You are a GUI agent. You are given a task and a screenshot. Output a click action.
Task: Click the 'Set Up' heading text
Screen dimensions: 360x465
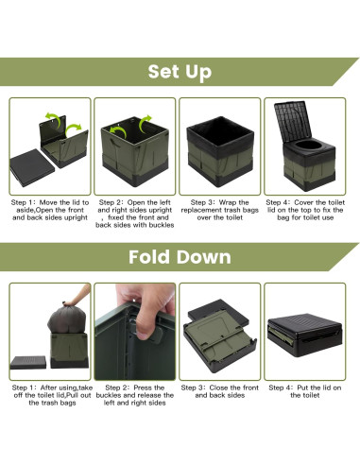click(180, 72)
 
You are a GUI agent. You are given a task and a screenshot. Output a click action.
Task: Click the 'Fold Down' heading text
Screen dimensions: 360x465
click(180, 257)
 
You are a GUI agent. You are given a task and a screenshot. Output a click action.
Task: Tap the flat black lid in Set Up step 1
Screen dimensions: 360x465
click(32, 167)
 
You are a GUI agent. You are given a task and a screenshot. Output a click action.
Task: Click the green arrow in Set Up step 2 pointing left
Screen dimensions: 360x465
click(118, 131)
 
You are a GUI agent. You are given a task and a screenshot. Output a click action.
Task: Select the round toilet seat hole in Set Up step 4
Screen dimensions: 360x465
click(308, 146)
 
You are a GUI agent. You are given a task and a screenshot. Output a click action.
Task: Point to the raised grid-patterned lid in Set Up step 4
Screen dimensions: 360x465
click(292, 122)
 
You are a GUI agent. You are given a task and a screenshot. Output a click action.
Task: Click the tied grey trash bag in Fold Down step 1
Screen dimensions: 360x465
click(67, 319)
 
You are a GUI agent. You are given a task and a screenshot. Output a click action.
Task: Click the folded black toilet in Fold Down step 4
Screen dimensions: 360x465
click(304, 335)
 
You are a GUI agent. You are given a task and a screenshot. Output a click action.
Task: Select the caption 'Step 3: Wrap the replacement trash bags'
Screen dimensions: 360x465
click(220, 206)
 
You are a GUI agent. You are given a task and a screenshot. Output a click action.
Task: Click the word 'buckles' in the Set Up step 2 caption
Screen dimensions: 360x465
click(162, 225)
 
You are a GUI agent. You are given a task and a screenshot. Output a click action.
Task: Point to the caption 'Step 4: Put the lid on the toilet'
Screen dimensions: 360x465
click(304, 391)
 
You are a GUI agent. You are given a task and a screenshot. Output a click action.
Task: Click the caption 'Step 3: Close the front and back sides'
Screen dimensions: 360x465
click(220, 391)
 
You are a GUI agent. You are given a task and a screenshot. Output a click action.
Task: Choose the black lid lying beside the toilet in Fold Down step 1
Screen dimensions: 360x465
click(28, 362)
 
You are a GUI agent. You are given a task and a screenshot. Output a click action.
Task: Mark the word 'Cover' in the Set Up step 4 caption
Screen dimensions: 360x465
click(304, 202)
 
